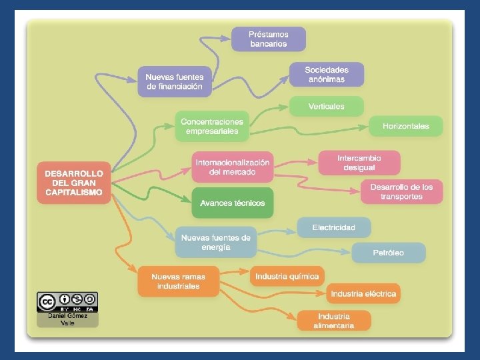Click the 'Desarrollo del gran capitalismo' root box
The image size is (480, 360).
(74, 183)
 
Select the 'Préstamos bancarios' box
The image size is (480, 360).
(269, 39)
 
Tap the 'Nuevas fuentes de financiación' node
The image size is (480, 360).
(175, 81)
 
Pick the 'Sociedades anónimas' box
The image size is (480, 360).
(327, 74)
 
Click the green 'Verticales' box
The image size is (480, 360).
(327, 106)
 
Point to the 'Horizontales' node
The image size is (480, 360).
(405, 126)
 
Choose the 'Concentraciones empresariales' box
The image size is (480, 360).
(212, 126)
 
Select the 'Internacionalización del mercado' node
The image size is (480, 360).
(232, 167)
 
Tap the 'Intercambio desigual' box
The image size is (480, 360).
(359, 163)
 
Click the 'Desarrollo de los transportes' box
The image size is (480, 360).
(401, 191)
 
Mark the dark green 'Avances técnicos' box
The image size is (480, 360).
(233, 203)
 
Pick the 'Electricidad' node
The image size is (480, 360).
(334, 227)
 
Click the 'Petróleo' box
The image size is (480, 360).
(389, 253)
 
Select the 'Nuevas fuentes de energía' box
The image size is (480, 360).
(216, 242)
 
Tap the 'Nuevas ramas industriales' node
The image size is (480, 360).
(178, 281)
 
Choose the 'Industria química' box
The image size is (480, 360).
(287, 276)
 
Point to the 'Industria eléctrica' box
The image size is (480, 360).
(363, 293)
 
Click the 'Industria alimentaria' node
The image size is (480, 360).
(334, 320)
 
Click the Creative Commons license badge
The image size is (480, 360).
(67, 302)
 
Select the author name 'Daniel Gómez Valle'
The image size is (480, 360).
(67, 319)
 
